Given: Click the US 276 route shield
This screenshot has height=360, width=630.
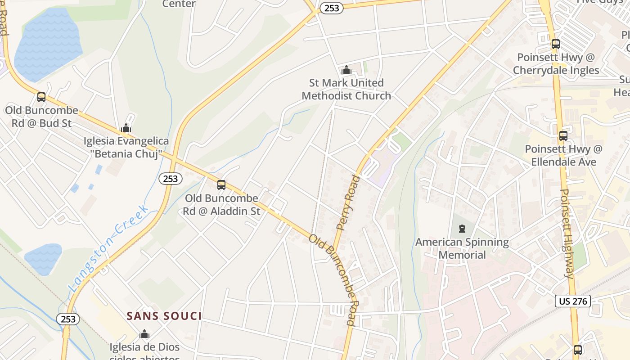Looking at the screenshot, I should [572, 301].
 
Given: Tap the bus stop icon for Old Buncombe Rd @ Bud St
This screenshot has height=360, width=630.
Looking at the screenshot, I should [41, 97].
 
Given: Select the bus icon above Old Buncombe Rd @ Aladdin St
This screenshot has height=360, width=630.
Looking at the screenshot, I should [221, 184].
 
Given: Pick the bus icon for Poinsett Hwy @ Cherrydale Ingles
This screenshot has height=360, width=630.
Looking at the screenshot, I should [556, 44].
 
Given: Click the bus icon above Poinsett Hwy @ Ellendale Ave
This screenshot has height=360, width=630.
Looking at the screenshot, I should [563, 135].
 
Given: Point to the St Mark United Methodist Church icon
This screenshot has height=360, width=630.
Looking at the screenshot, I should [346, 70].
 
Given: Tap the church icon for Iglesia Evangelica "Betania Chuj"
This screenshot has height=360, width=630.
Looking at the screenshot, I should [126, 128].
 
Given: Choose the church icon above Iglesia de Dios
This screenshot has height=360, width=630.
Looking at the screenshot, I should [144, 334].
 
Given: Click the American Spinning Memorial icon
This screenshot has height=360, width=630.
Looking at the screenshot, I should [462, 229].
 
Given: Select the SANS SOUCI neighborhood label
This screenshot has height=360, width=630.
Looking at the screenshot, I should [164, 316].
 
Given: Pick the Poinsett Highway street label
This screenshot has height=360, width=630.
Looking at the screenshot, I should [568, 234].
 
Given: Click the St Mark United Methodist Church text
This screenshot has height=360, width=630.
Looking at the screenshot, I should [346, 89].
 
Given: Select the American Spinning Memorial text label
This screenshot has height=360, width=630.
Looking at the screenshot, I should [462, 248].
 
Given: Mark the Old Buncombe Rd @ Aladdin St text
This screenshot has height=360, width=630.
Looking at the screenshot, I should [222, 204].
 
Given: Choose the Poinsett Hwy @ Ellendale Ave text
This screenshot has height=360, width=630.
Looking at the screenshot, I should [563, 155].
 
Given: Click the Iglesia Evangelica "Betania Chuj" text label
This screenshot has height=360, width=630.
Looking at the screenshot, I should [126, 147].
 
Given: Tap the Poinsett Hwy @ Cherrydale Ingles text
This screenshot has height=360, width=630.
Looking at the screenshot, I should [556, 64].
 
